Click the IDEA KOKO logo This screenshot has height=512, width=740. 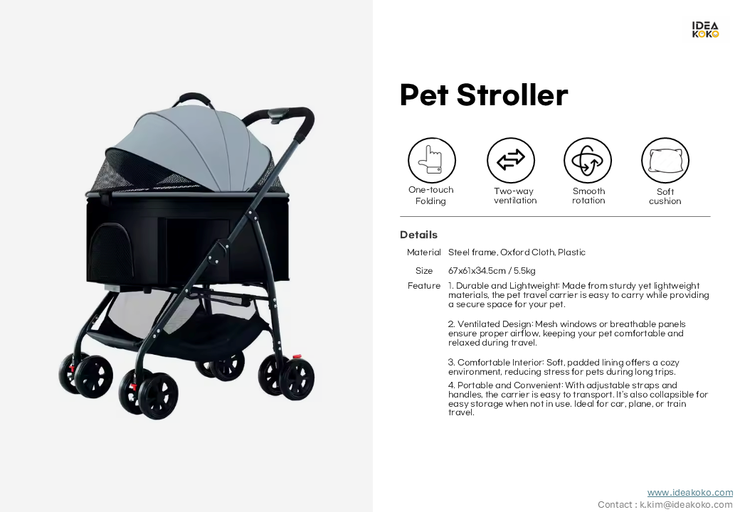tap(705, 30)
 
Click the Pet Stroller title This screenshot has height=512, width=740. tap(484, 95)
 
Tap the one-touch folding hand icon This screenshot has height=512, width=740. tap(432, 160)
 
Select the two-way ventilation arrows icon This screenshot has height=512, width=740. tap(511, 160)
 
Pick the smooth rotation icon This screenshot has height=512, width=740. tap(588, 160)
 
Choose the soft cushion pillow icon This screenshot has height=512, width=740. tap(665, 160)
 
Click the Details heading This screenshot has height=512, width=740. tap(418, 235)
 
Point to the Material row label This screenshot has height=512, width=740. tap(424, 252)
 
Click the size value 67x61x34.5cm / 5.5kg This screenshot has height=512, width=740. tap(492, 271)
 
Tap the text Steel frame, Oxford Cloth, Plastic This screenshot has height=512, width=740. tap(517, 252)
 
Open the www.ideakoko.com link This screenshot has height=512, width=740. tap(690, 493)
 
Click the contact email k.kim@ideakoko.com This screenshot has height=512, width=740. tap(686, 504)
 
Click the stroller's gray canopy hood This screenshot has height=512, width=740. tap(199, 146)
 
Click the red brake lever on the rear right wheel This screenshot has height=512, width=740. tap(297, 357)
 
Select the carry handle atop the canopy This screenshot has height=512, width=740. tap(192, 97)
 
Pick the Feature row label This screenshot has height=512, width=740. tap(424, 286)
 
